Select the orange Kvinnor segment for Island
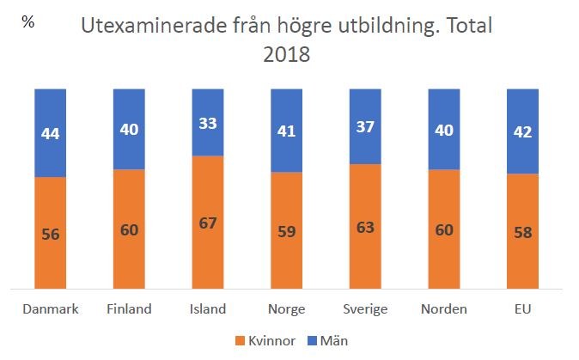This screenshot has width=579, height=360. click(206, 258)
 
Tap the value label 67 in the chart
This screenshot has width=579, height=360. click(206, 223)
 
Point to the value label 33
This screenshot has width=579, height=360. click(206, 122)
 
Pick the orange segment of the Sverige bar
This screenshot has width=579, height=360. click(364, 258)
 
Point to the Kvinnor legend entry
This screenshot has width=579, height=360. click(269, 341)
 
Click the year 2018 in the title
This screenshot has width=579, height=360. click(288, 54)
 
